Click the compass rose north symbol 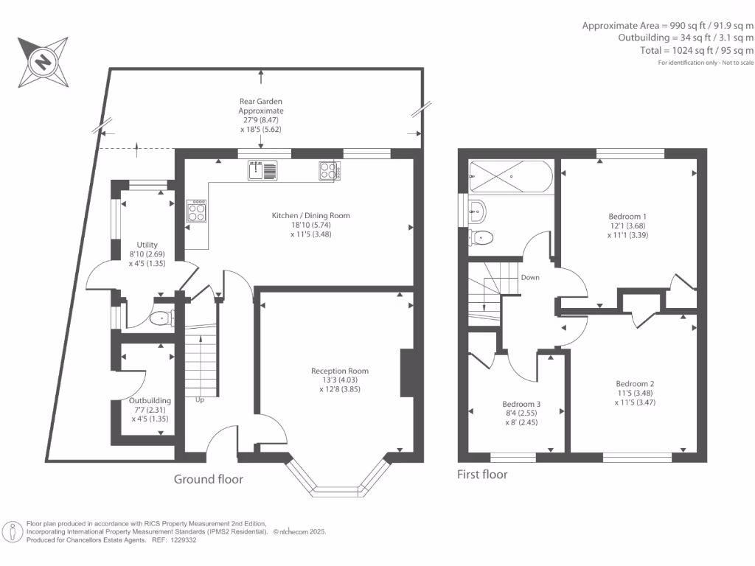point(44,61)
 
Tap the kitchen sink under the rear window point(263,171)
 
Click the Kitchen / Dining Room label point(310,216)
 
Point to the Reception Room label point(339,371)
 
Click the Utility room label point(146,245)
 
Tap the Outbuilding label point(150,400)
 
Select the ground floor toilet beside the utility point(160,319)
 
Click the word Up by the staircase point(200,400)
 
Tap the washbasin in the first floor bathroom point(476,212)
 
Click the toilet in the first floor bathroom point(482,237)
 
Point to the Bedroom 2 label point(635,383)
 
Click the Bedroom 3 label point(521,404)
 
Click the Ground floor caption point(208,479)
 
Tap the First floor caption point(482,475)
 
